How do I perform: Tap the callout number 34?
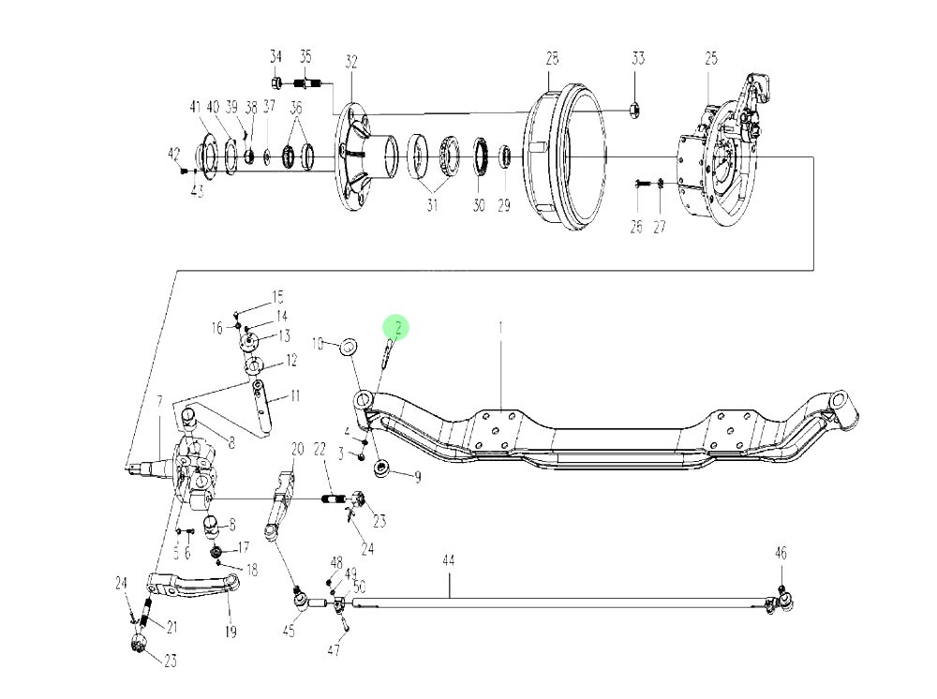pyautogui.click(x=275, y=57)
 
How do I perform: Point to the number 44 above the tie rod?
pyautogui.click(x=449, y=560)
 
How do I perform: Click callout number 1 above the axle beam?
pyautogui.click(x=500, y=328)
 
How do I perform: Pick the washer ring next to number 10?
pyautogui.click(x=348, y=347)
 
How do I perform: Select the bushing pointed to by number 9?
pyautogui.click(x=381, y=468)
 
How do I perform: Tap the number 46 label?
pyautogui.click(x=781, y=554)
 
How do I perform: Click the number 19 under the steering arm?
pyautogui.click(x=231, y=632)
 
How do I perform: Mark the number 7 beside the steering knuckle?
pyautogui.click(x=160, y=401)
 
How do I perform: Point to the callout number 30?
pyautogui.click(x=479, y=205)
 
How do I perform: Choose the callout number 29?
pyautogui.click(x=504, y=205)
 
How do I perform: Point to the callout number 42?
pyautogui.click(x=173, y=153)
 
